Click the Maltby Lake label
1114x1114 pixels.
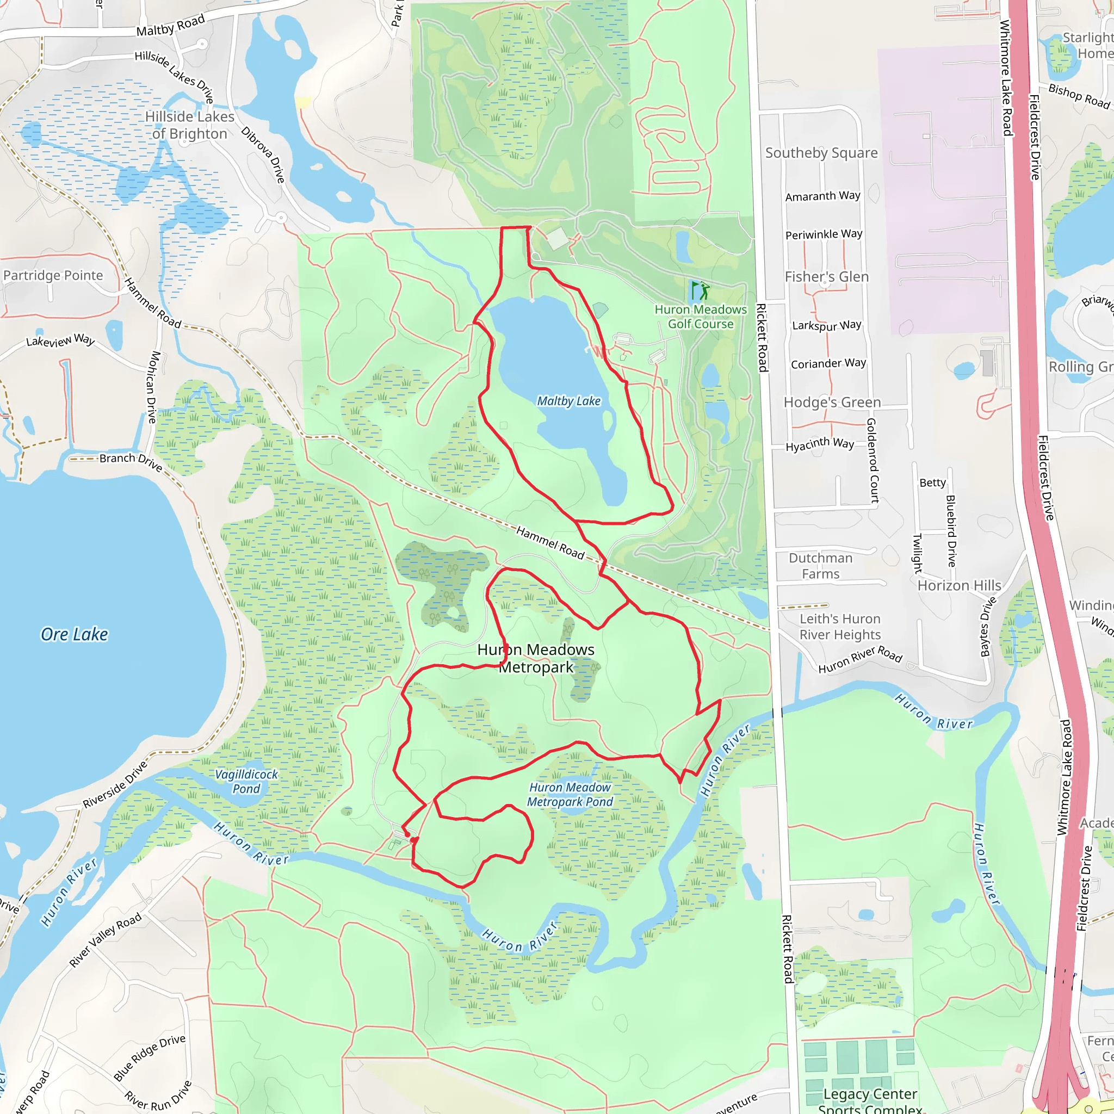coord(568,401)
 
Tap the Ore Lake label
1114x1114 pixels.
coord(75,634)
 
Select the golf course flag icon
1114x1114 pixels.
coord(701,290)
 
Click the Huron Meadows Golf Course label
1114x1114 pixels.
coord(701,317)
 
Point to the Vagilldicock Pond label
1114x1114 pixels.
coord(246,781)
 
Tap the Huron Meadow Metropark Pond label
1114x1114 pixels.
coord(570,794)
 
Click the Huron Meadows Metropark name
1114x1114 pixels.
coord(536,658)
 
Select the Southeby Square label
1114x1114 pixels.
coord(821,153)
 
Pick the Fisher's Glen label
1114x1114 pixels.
coord(826,277)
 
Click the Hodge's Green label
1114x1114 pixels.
coord(832,402)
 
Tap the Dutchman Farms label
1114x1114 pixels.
coord(820,566)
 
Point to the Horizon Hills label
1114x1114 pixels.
coord(959,585)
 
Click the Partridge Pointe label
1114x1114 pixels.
coord(53,275)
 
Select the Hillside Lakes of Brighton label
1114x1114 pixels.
coord(190,125)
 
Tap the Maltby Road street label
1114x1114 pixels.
coord(171,26)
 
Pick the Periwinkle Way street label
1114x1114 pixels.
coord(824,234)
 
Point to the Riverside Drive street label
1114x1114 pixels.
coord(115,785)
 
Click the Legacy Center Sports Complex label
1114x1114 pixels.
coord(870,1101)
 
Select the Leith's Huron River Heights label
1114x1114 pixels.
coord(840,626)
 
